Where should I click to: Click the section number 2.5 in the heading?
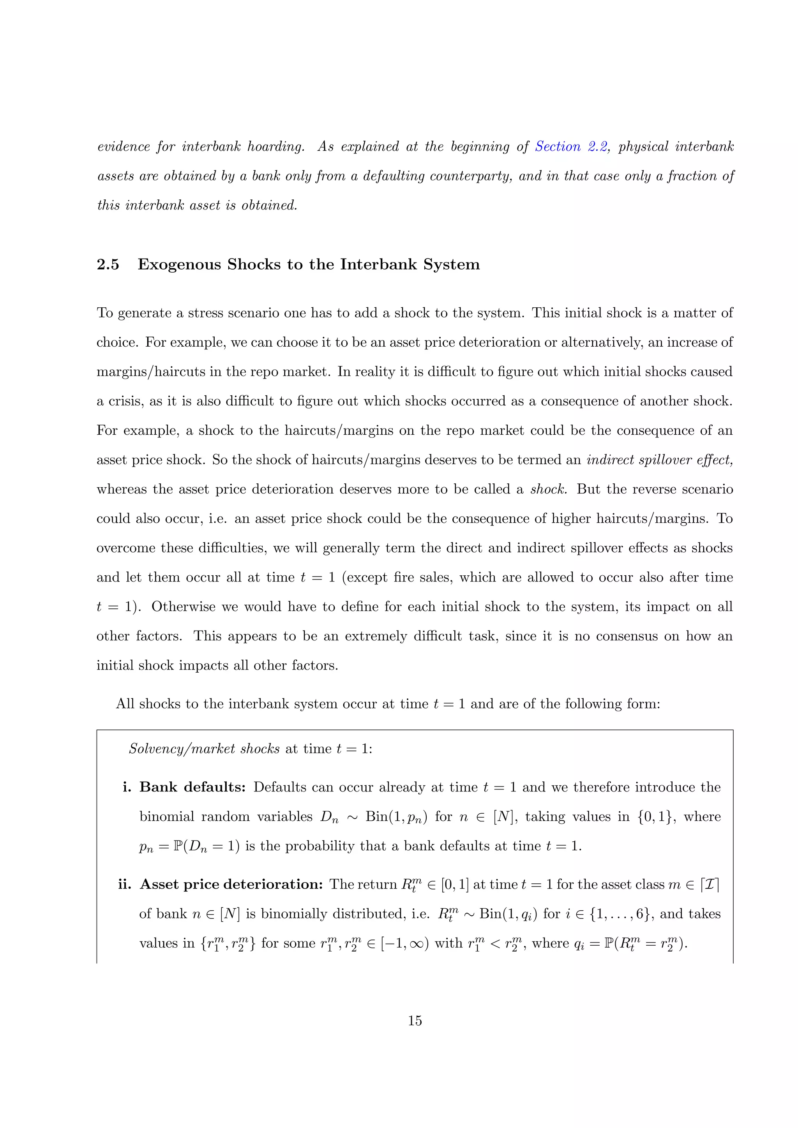click(108, 265)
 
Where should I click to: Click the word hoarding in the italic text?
click(275, 147)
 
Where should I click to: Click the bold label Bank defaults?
click(192, 787)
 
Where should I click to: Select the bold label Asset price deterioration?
click(231, 884)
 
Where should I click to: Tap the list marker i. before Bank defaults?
click(127, 787)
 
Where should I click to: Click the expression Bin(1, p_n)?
click(396, 816)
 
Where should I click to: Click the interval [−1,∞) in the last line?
click(405, 943)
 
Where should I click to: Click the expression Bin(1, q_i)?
click(508, 914)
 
